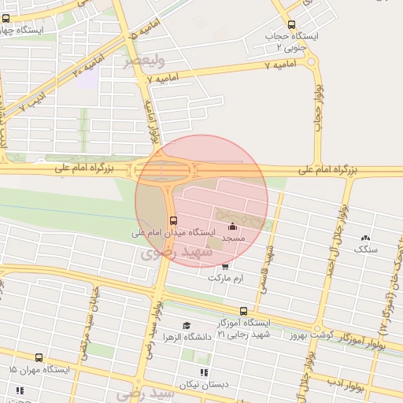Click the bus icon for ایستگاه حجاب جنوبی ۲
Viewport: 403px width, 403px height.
[292, 24]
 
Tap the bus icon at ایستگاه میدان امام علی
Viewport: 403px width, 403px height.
[173, 220]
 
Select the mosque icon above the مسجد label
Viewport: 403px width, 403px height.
[231, 227]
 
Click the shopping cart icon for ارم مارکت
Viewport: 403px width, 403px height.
[226, 266]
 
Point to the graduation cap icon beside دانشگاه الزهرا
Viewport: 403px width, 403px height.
[187, 326]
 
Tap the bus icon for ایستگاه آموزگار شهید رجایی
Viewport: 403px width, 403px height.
[243, 312]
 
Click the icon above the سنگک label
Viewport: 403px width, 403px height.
[364, 238]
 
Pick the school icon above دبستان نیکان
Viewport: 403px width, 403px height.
[205, 372]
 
